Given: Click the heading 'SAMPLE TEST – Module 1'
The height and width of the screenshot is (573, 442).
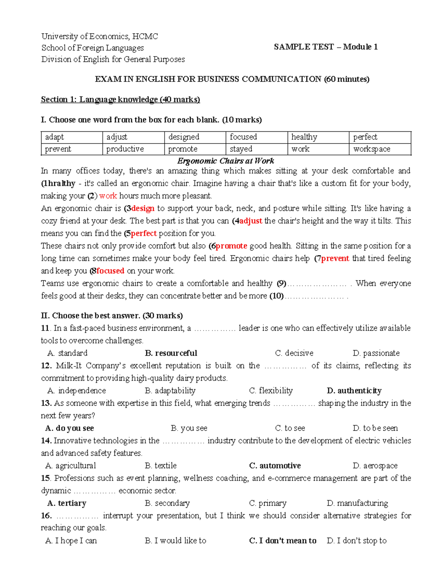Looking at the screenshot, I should pos(326,47).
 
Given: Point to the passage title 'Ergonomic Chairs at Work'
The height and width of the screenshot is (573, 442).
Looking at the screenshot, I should pos(225,161).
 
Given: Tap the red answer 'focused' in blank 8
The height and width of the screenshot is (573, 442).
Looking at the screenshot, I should pos(110,271).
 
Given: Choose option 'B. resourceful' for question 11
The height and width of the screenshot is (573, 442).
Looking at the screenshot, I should pos(171,353).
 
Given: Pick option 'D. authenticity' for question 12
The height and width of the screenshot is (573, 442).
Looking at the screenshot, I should pos(354,391).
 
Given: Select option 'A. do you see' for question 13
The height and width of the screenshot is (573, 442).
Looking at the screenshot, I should pos(70,428).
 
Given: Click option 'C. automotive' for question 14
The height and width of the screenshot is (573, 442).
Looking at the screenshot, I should pos(275,466).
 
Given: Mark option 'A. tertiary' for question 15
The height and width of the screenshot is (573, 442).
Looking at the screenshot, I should pos(67,503).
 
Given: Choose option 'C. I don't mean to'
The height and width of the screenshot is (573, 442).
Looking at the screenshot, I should pos(283,541).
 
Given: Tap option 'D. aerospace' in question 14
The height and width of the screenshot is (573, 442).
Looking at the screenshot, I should pos(375,466).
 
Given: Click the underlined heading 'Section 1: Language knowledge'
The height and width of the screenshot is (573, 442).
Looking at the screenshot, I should pos(120,99).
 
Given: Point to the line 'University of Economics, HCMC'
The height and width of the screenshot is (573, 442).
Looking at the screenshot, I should pos(99,36).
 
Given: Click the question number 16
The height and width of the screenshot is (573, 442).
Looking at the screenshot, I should pos(46,516).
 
